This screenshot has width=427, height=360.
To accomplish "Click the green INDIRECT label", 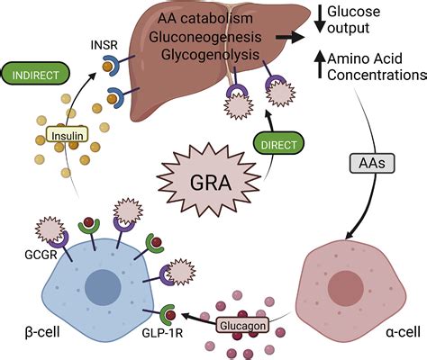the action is pyautogui.click(x=36, y=75).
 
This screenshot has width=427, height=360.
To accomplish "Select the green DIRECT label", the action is pyautogui.click(x=278, y=145).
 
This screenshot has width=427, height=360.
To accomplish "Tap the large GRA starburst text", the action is pyautogui.click(x=211, y=183).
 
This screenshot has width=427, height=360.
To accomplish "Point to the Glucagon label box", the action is pyautogui.click(x=242, y=326).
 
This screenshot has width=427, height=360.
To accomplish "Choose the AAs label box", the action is pyautogui.click(x=372, y=164).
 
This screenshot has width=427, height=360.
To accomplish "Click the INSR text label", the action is pyautogui.click(x=104, y=46).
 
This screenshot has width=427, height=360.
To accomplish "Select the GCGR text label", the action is pyautogui.click(x=41, y=255).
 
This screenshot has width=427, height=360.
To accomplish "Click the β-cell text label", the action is pyautogui.click(x=42, y=332).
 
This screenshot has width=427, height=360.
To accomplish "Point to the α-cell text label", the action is pyautogui.click(x=403, y=332).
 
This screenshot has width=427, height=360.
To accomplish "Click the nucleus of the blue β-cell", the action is pyautogui.click(x=103, y=287).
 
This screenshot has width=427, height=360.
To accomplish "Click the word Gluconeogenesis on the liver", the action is pyautogui.click(x=205, y=37).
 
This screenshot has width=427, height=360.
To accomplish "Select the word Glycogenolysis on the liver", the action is pyautogui.click(x=210, y=55).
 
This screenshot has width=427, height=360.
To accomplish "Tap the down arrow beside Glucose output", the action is pyautogui.click(x=320, y=19).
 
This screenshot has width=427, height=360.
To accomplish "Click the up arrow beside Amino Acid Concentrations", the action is pyautogui.click(x=320, y=65).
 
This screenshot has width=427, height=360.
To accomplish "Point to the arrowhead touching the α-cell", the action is pyautogui.click(x=350, y=235).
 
